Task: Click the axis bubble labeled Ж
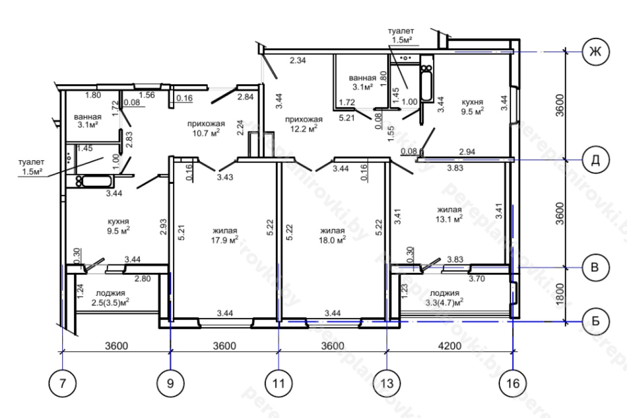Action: (x=595, y=52)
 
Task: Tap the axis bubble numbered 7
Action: (x=62, y=383)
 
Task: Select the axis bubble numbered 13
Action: (x=387, y=383)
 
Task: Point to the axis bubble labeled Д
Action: (x=595, y=160)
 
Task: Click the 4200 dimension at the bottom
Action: (x=450, y=346)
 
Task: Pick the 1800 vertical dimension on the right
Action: (x=560, y=294)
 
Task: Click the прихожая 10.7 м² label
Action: (x=206, y=128)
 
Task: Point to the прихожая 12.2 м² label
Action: (x=304, y=124)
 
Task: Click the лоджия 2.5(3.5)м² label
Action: (x=110, y=298)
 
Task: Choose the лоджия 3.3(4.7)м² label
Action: (x=444, y=298)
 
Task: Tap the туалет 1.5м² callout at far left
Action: (x=31, y=167)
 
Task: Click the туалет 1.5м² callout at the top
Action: (x=401, y=36)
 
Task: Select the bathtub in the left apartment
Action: (x=95, y=181)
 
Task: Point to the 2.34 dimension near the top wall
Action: (x=297, y=60)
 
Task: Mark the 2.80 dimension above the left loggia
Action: (x=143, y=278)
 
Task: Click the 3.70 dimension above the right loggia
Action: (x=477, y=278)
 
